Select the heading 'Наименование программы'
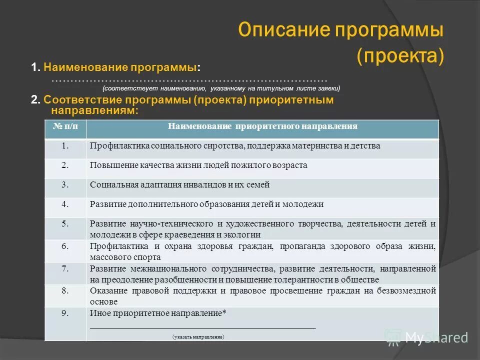(x=120, y=67)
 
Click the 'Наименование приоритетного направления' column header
(x=262, y=126)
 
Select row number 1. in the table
(x=65, y=146)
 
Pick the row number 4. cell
(x=65, y=204)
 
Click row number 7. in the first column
(x=65, y=268)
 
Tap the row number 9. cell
(x=65, y=313)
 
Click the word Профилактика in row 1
(x=113, y=146)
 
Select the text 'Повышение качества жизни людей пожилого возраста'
(x=198, y=165)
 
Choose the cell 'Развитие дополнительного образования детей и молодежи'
(x=206, y=204)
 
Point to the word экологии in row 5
(x=245, y=234)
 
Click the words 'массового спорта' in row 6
(x=125, y=257)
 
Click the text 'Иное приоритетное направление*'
(x=158, y=313)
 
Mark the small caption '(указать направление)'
(x=198, y=337)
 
